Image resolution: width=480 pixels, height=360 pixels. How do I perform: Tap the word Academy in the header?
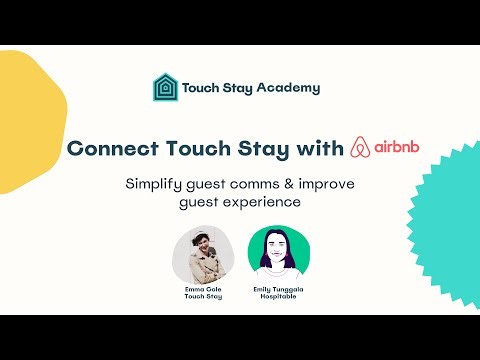288,87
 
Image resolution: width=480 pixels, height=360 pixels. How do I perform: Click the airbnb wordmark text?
400,147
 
